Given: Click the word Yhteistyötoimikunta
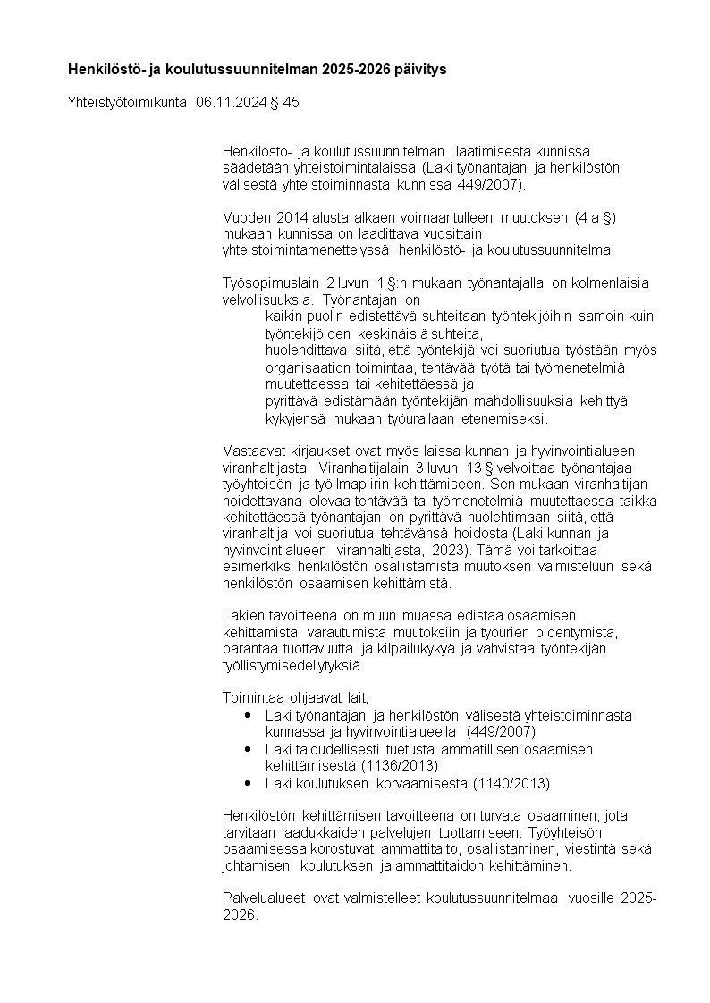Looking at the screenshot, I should tap(127, 103).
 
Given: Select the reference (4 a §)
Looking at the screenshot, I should tap(596, 217).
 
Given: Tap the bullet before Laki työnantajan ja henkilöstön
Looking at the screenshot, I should tap(248, 715).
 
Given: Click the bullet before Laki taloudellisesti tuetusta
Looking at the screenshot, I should tap(248, 749).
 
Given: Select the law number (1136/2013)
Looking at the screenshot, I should tap(399, 765).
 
